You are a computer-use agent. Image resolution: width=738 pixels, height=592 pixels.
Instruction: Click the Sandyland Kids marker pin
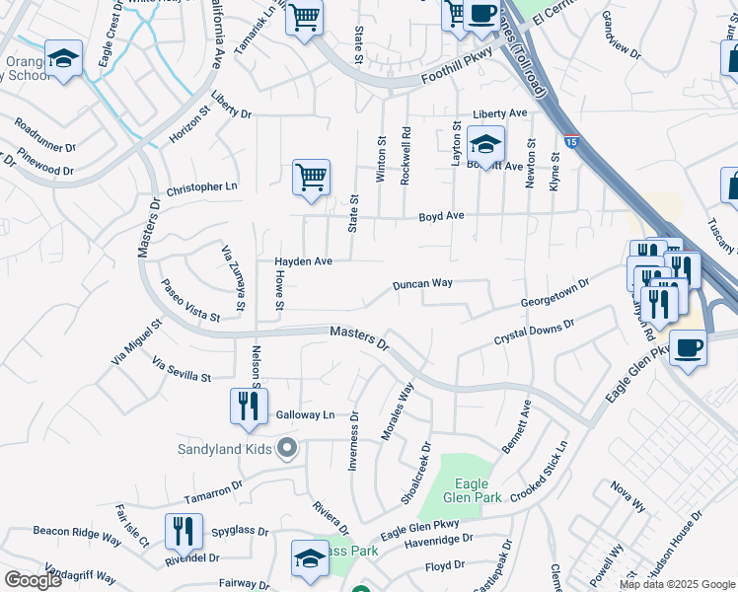(287, 449)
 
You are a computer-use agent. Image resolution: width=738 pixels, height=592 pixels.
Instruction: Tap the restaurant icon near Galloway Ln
(249, 406)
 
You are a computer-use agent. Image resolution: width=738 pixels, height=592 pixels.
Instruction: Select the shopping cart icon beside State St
(311, 179)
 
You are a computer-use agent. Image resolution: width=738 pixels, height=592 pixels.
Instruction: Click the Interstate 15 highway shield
(572, 143)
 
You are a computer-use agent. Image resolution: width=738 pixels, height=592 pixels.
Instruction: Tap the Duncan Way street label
(422, 283)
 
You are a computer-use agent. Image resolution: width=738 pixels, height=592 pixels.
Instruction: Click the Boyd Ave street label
(441, 215)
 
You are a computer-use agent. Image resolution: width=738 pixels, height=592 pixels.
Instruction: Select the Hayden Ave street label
(303, 261)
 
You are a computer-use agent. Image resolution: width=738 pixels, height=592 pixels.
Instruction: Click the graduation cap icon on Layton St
(485, 144)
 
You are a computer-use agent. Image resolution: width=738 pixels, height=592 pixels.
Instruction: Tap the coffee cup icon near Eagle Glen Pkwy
(688, 348)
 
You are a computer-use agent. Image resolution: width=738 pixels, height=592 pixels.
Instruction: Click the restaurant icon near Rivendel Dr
(184, 531)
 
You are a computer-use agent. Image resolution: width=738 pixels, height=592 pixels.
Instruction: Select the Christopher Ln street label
(202, 187)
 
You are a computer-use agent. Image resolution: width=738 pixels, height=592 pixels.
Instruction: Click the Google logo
(33, 580)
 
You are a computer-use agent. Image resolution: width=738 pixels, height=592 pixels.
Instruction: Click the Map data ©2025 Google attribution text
(676, 584)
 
